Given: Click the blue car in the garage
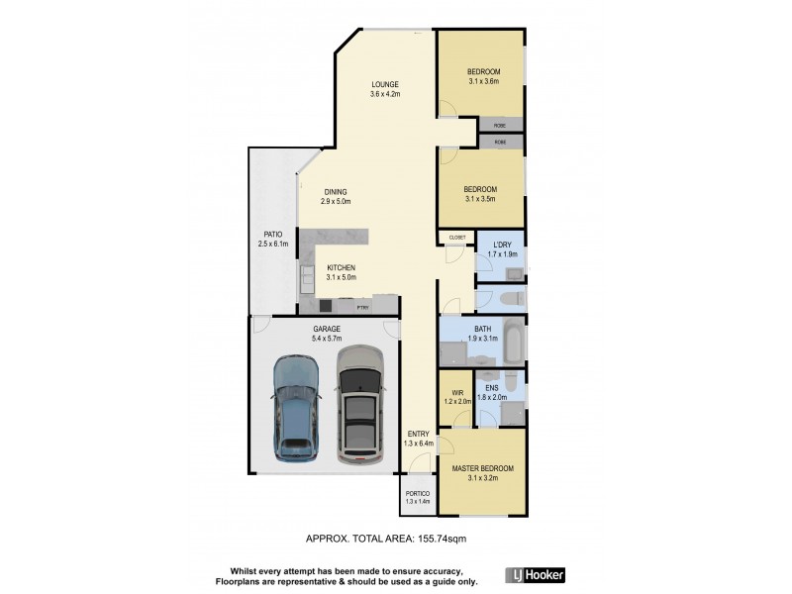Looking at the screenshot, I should coord(295,408).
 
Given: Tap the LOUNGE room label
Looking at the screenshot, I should coord(385,84).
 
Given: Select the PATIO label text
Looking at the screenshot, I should coord(272,234).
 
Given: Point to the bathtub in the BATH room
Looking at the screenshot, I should coord(513,341).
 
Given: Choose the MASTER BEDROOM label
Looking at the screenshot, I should coord(483,467).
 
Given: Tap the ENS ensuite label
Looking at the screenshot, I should coord(492,387).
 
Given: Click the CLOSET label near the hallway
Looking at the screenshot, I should coord(456,238).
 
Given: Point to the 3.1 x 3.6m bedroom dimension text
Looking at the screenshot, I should coord(483,82).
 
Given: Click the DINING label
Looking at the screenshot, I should coord(338,192).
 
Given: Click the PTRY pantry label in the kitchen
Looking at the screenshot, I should coord(377,307).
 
